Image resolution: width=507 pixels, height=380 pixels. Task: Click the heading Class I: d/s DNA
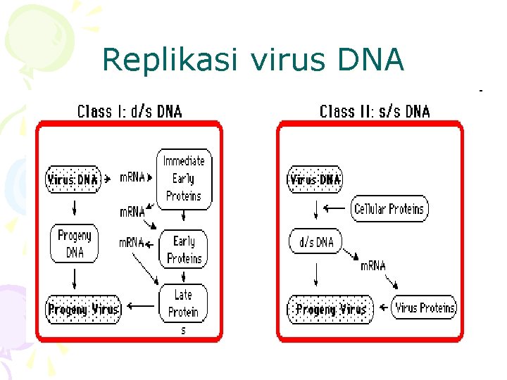(129, 111)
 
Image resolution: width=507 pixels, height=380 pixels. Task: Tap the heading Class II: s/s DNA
(375, 111)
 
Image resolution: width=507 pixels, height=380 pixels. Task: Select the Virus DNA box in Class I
(73, 179)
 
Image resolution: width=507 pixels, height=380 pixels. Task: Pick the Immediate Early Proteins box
(183, 178)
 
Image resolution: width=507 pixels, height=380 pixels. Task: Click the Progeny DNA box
(74, 243)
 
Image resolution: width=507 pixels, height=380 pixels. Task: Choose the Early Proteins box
(184, 249)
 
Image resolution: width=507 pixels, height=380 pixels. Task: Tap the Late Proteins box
(183, 303)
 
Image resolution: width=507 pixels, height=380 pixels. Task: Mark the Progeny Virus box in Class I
(83, 309)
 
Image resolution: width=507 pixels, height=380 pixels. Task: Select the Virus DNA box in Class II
(315, 179)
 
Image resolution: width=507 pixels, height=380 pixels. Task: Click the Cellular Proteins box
(389, 209)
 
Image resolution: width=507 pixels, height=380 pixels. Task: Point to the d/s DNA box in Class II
(315, 241)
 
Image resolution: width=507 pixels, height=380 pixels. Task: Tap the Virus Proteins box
(425, 308)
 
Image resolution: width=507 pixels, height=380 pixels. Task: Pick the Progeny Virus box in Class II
(330, 309)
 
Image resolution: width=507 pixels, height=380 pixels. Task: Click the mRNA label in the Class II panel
(373, 265)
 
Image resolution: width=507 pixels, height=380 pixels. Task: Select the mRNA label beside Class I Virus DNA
(132, 177)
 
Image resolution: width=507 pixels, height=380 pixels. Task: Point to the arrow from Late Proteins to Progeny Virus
(143, 306)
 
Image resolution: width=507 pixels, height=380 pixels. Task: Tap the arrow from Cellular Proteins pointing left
(338, 209)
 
